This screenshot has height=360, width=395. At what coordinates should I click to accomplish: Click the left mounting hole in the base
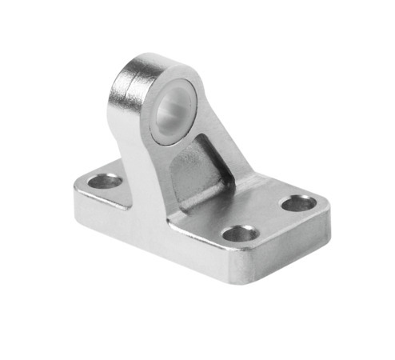(104, 182)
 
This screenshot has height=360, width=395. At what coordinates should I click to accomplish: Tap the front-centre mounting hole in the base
(239, 234)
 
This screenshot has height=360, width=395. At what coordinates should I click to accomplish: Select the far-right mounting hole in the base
(298, 203)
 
